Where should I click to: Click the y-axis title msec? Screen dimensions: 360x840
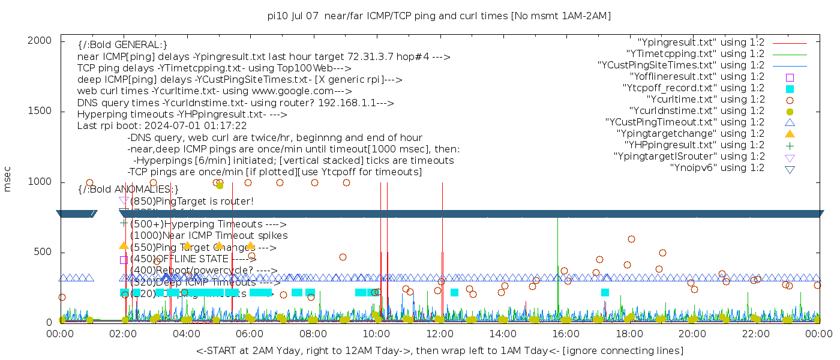click(8, 178)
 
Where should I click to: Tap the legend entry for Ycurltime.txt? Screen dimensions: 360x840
click(705, 100)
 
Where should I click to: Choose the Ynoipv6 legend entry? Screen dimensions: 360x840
click(717, 168)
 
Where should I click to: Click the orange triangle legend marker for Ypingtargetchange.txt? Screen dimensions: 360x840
click(790, 134)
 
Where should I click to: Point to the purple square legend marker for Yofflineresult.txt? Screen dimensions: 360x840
click(790, 77)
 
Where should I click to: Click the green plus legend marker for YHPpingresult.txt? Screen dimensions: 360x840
click(790, 145)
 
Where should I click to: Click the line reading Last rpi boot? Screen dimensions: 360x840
click(162, 126)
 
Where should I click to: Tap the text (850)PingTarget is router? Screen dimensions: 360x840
click(192, 201)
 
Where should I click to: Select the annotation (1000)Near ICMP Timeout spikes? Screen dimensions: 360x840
click(209, 236)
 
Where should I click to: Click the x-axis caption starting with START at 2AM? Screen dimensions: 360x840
click(439, 350)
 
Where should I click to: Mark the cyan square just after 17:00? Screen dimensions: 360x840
click(605, 292)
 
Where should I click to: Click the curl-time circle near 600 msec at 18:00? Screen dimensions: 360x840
click(631, 239)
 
